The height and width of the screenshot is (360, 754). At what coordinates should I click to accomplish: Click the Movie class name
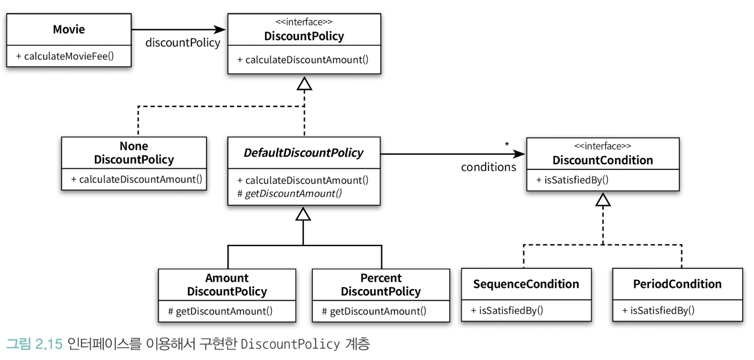(x=69, y=29)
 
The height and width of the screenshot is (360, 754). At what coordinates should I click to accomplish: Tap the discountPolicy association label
(x=183, y=42)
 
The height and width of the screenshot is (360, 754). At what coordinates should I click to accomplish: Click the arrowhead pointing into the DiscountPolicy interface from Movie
(x=220, y=29)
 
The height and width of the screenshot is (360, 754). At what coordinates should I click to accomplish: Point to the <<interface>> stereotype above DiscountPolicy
(x=304, y=22)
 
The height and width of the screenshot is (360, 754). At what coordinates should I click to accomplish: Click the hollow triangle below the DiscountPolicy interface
(x=304, y=83)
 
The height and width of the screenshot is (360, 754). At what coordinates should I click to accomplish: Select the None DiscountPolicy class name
(x=134, y=152)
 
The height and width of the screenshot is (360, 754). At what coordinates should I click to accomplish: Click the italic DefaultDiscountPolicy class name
(x=304, y=152)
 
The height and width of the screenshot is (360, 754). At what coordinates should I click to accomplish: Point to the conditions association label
(x=488, y=167)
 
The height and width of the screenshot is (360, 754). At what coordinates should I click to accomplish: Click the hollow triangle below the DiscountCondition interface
(x=603, y=200)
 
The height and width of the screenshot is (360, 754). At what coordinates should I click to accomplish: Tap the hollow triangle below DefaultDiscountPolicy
(x=303, y=214)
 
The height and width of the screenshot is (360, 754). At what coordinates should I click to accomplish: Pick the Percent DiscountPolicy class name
(x=381, y=285)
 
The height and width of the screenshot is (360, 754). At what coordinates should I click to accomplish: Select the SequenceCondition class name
(x=526, y=284)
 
